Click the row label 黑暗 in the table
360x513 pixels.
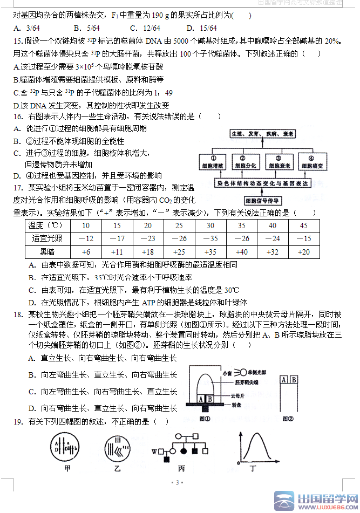[47, 252]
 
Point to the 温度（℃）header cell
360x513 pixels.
[47, 225]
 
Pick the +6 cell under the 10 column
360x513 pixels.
[86, 252]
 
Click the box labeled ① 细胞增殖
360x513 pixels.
[214, 162]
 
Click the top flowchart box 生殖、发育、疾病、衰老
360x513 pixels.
[262, 133]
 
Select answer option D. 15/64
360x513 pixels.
[201, 28]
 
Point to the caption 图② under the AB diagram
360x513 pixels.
[289, 418]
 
